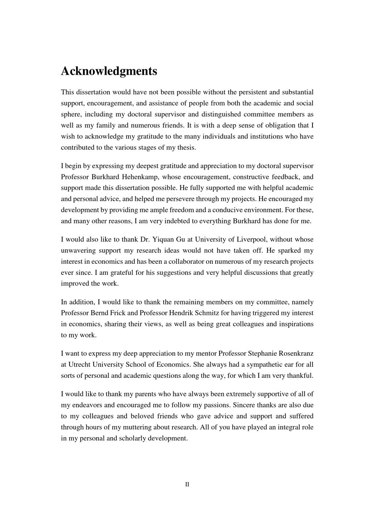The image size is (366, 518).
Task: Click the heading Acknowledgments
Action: coord(109,71)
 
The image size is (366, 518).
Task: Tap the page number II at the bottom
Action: coord(187,484)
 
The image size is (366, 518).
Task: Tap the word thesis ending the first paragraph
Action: coord(187,148)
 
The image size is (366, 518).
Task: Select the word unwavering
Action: coord(78,251)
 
